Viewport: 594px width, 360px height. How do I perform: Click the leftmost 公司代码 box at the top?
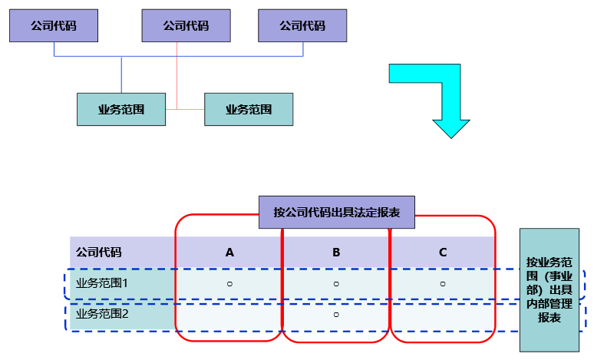point(54,25)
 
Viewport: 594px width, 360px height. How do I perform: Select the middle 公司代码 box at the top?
point(186,25)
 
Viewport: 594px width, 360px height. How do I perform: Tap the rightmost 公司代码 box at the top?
point(302,25)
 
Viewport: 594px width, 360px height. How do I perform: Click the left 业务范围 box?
point(121,109)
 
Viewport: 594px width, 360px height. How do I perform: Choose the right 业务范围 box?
point(249,109)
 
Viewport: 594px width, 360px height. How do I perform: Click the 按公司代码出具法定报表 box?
point(336,212)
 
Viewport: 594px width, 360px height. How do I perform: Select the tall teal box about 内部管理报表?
point(549,289)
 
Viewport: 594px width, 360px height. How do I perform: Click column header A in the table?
point(229,252)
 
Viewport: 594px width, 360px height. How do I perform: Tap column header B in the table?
point(336,252)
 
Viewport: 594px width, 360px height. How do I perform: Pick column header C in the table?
point(443,252)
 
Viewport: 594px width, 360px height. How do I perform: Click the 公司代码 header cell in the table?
point(99,252)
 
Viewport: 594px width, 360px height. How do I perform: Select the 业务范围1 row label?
point(102,282)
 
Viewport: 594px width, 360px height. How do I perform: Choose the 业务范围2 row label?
point(102,314)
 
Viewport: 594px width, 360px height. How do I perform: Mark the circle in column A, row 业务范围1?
point(229,283)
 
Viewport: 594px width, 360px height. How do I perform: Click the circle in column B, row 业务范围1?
point(336,283)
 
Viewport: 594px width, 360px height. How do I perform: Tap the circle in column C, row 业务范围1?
point(443,283)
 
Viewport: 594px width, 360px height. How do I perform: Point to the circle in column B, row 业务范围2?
point(336,314)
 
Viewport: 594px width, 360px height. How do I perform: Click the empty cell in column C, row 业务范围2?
point(443,314)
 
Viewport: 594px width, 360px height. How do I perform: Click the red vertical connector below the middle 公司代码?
point(177,77)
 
